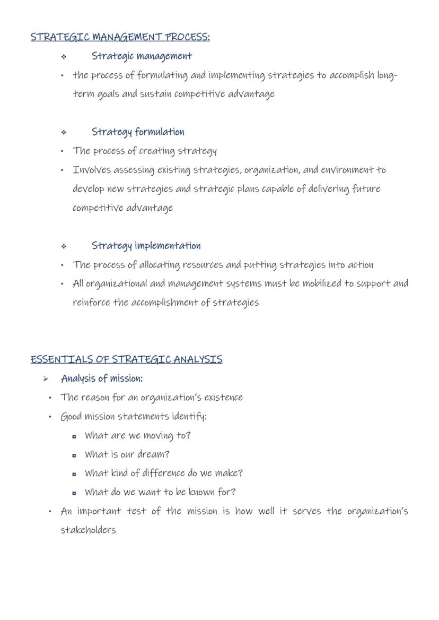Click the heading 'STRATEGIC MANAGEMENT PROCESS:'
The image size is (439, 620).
click(120, 37)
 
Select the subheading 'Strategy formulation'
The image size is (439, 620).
click(138, 132)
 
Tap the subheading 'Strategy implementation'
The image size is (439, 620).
click(146, 246)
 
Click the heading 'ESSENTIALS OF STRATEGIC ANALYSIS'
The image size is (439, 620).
click(126, 359)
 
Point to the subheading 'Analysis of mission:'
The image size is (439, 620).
click(102, 378)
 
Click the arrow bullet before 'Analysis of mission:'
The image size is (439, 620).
click(46, 379)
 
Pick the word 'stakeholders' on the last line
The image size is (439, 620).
click(88, 530)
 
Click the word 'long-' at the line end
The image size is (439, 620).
click(387, 75)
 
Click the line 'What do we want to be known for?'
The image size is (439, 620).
click(160, 492)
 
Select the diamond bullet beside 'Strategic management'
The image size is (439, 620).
click(64, 56)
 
